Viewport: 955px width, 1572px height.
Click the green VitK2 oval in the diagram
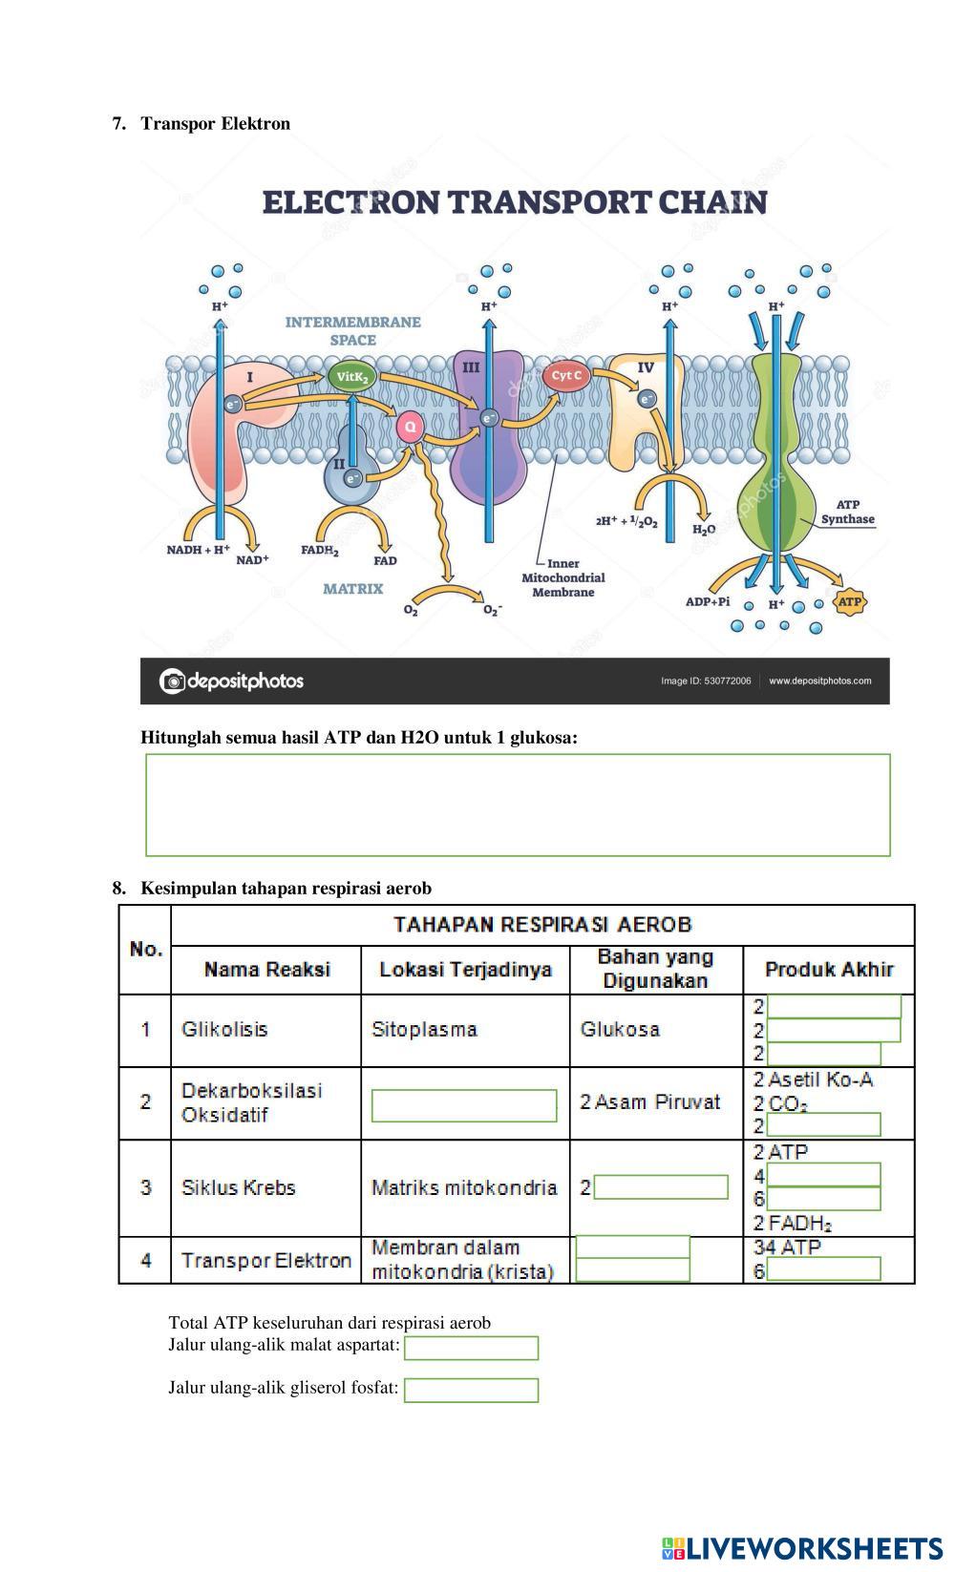click(x=351, y=377)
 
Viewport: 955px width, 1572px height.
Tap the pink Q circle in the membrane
click(x=410, y=427)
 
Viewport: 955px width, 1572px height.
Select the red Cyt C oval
click(x=565, y=376)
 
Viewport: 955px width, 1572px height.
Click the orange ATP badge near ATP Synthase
click(x=849, y=602)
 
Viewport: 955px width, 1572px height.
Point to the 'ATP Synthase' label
click(x=847, y=513)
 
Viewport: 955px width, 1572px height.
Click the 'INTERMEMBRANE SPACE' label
click(x=352, y=331)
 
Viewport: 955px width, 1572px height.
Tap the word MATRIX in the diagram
click(x=352, y=589)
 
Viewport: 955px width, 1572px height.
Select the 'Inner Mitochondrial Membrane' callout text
click(x=563, y=577)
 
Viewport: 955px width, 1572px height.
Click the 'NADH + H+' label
click(x=198, y=550)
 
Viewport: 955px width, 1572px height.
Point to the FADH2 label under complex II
click(x=320, y=551)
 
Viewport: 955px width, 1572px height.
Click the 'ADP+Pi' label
click(x=708, y=602)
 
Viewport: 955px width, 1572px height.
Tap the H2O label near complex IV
click(x=703, y=530)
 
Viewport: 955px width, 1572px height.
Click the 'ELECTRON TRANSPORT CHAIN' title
click(x=515, y=202)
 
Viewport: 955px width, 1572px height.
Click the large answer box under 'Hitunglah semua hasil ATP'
click(x=518, y=805)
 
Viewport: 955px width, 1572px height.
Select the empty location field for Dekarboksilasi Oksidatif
click(x=464, y=1105)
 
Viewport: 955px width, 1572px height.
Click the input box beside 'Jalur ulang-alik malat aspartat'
click(x=471, y=1348)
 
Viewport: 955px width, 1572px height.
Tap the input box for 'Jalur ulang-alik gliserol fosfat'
click(x=471, y=1390)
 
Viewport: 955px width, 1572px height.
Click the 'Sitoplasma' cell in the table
click(x=424, y=1029)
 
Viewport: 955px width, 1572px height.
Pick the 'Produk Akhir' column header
click(x=829, y=970)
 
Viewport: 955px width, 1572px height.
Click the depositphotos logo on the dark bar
click(x=231, y=681)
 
